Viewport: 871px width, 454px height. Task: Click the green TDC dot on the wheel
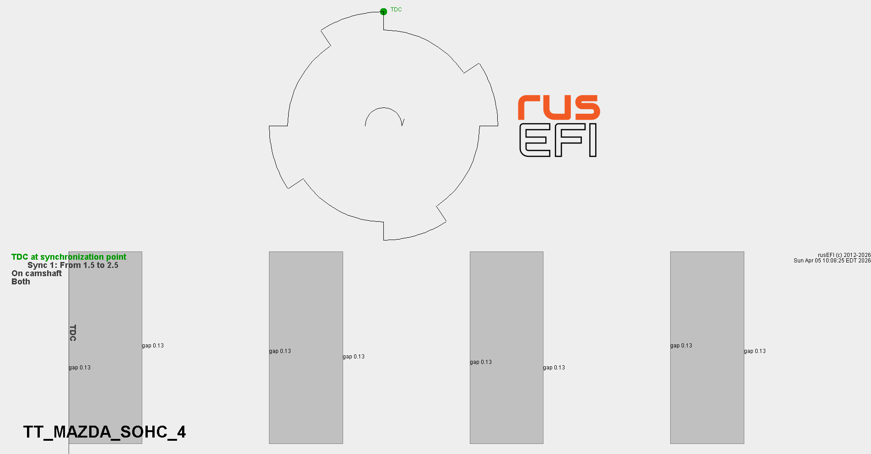pyautogui.click(x=383, y=11)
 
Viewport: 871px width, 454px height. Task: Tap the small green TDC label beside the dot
pyautogui.click(x=396, y=10)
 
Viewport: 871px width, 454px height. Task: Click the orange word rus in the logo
pyautogui.click(x=559, y=107)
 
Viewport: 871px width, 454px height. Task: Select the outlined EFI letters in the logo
pyautogui.click(x=558, y=140)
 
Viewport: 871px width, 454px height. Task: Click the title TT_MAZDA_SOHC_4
pyautogui.click(x=105, y=432)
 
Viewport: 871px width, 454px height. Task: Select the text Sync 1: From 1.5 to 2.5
pyautogui.click(x=73, y=265)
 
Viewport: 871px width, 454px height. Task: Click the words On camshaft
pyautogui.click(x=37, y=273)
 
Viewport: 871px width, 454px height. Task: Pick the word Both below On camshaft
pyautogui.click(x=21, y=282)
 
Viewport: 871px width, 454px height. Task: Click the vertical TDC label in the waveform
pyautogui.click(x=73, y=333)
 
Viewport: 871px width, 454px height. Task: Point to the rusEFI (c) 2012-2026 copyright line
pyautogui.click(x=844, y=255)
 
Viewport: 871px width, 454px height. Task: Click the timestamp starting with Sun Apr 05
pyautogui.click(x=832, y=261)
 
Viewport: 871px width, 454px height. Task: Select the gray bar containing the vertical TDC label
pyautogui.click(x=105, y=347)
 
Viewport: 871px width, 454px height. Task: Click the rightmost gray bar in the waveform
pyautogui.click(x=707, y=347)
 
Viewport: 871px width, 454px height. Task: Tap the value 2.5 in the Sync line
pyautogui.click(x=113, y=265)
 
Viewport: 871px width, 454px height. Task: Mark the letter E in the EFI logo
pyautogui.click(x=535, y=140)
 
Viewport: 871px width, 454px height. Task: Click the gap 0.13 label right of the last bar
pyautogui.click(x=755, y=351)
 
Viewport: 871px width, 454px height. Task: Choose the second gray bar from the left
pyautogui.click(x=306, y=347)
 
